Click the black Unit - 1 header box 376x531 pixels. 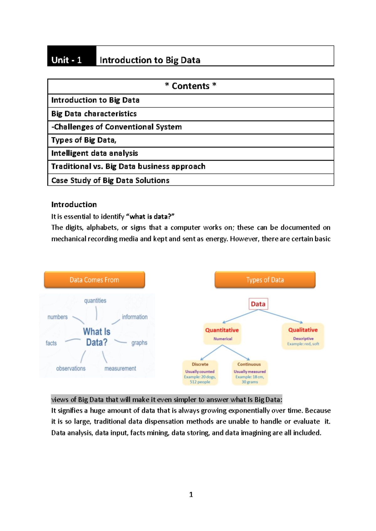(71, 56)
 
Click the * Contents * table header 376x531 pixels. (191, 86)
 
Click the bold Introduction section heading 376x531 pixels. (74, 204)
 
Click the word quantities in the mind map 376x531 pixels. (95, 301)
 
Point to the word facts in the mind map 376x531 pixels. (51, 343)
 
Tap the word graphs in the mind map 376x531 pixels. (139, 343)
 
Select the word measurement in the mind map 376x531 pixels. (120, 369)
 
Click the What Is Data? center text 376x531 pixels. (97, 337)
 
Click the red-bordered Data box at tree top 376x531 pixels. (258, 304)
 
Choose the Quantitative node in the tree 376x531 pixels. (222, 333)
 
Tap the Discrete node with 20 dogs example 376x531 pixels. (200, 373)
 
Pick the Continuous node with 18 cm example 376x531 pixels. (249, 373)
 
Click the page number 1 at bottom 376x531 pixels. (191, 495)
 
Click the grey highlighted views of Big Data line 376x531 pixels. (167, 400)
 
